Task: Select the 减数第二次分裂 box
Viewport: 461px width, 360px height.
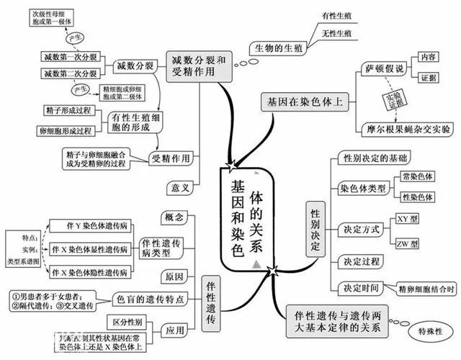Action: pos(70,73)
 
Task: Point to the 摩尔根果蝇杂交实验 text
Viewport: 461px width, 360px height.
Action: pos(407,130)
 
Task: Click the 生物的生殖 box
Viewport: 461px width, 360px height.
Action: pos(278,48)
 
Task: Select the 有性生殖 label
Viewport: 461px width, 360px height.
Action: pos(336,16)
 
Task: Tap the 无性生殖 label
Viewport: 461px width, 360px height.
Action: pos(336,33)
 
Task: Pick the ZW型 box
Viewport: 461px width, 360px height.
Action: pos(408,243)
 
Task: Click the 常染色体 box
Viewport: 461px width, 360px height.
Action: pos(417,176)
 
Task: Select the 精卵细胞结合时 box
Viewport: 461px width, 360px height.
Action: pos(426,289)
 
